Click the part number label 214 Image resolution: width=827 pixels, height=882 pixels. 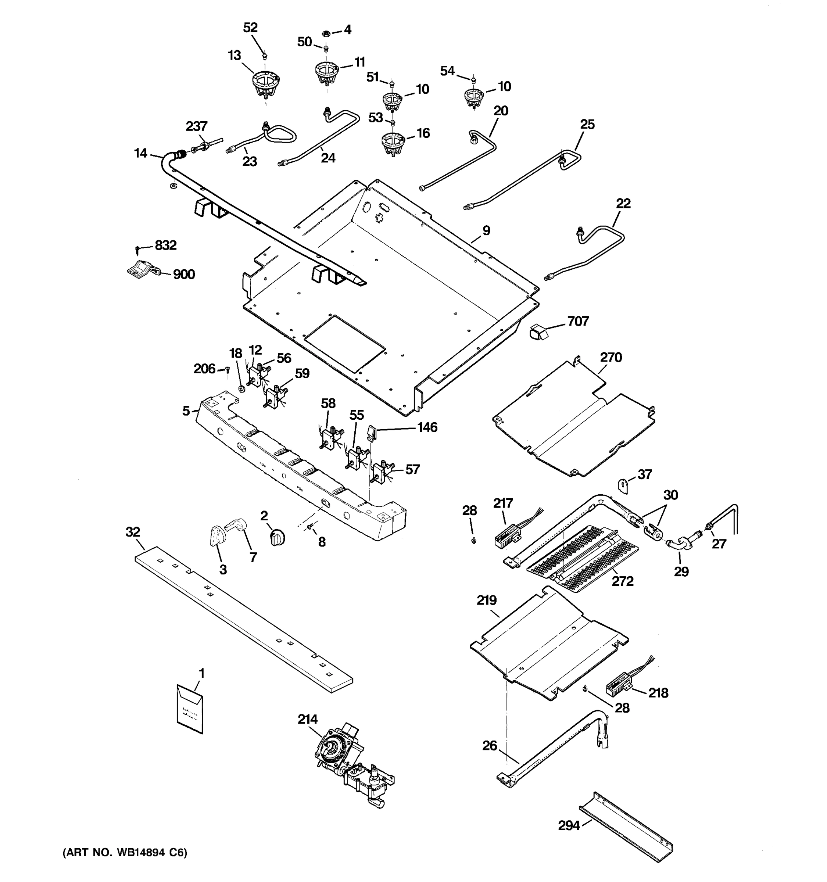tap(308, 720)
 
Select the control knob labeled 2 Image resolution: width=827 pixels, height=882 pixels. tap(277, 538)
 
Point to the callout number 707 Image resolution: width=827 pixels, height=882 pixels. tap(578, 321)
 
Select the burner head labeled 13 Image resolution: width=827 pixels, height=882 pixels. tap(266, 85)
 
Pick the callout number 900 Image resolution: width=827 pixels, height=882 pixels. tap(184, 274)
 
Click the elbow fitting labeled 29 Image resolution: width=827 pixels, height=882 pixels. tap(680, 543)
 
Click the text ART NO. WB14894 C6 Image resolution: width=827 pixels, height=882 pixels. tap(125, 852)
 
